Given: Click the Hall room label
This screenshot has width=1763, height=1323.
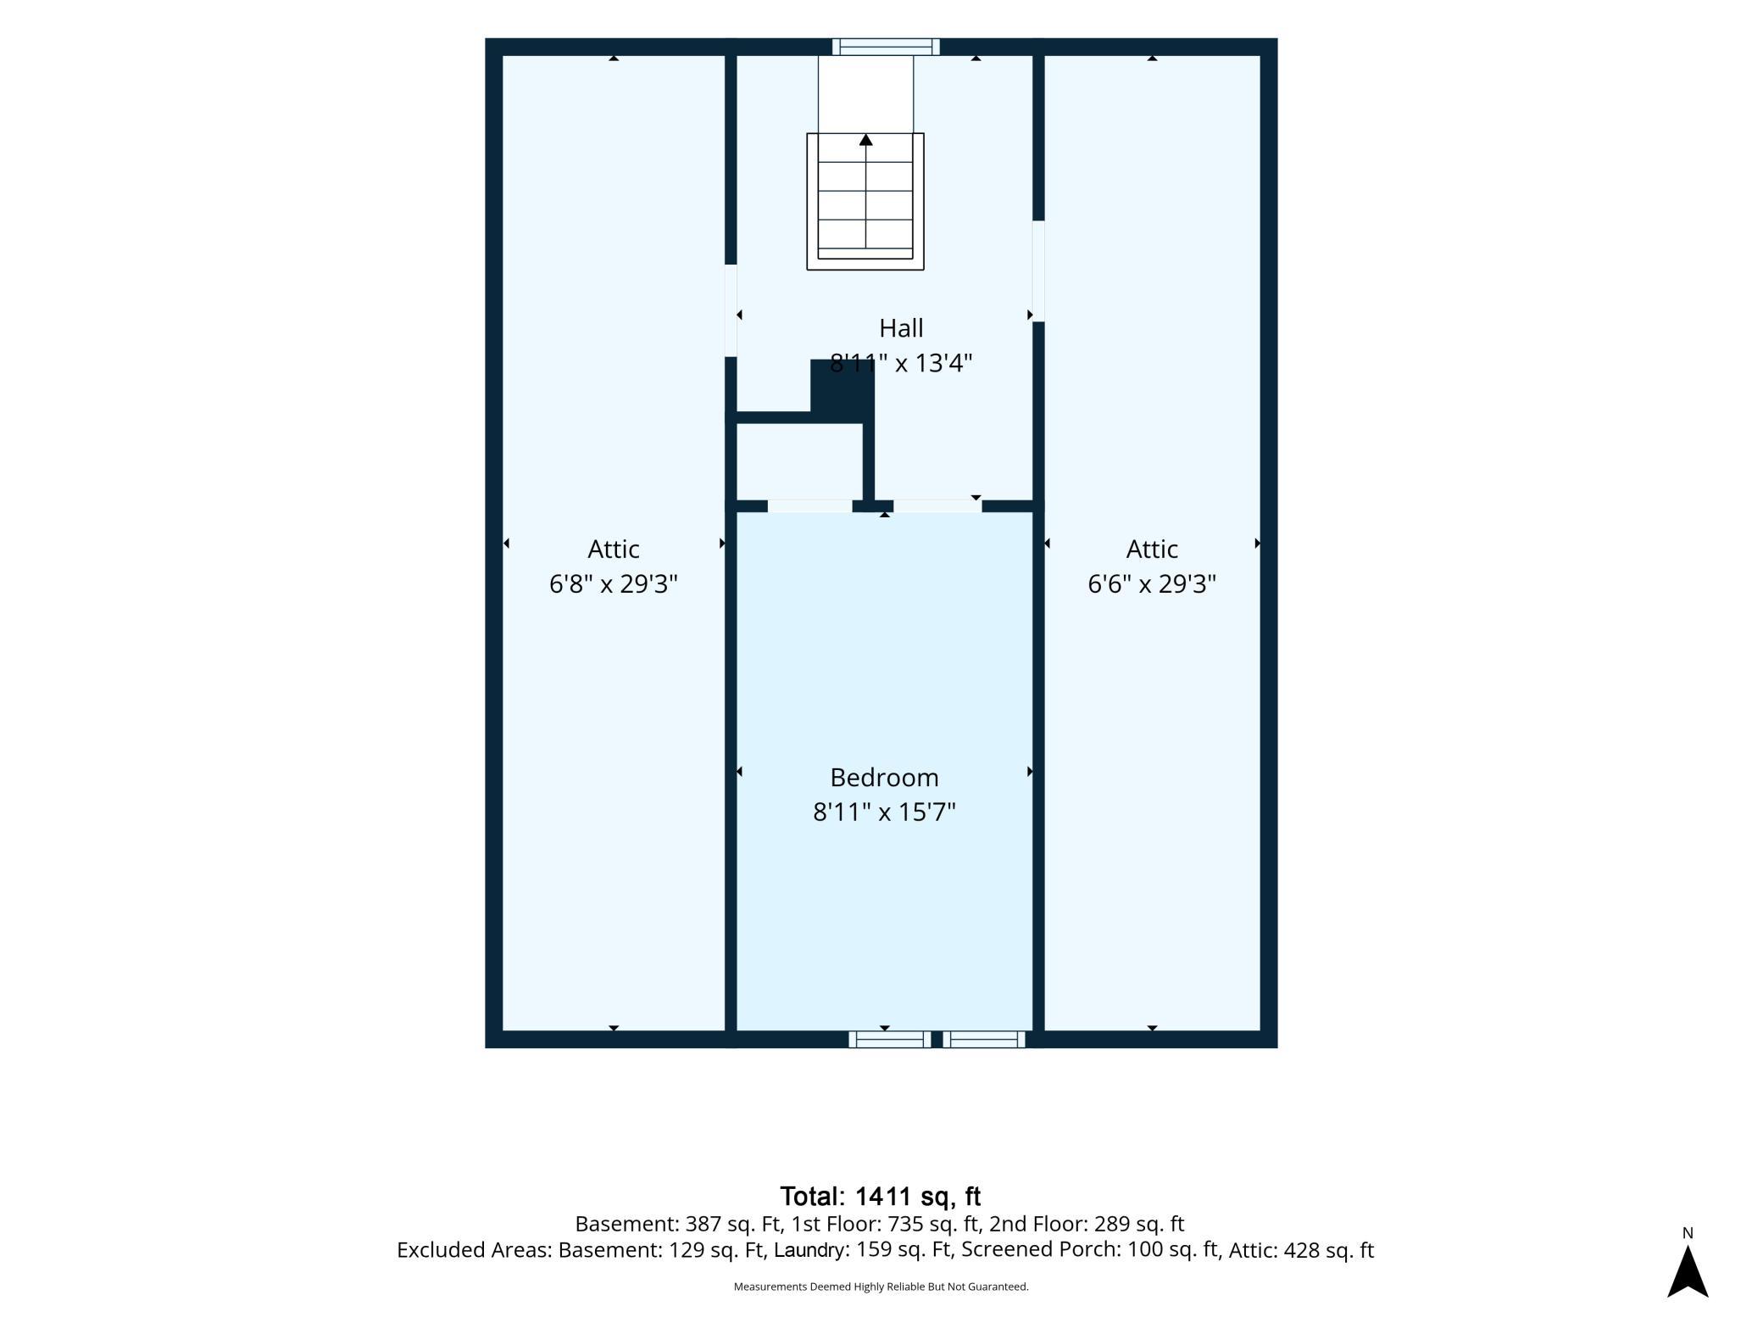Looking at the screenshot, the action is [x=901, y=327].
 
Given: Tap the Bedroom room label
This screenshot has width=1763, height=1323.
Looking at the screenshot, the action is [x=884, y=777].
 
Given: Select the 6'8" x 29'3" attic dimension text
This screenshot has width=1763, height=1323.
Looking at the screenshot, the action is [x=613, y=583].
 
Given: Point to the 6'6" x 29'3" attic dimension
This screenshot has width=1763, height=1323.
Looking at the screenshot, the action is [x=1152, y=583].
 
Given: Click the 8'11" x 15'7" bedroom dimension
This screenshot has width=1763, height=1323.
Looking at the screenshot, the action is [x=884, y=812].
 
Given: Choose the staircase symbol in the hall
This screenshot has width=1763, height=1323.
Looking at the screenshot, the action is [x=865, y=201].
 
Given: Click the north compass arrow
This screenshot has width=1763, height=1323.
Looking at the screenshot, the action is [x=1688, y=1271].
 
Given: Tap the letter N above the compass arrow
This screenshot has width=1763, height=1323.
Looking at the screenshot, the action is [x=1688, y=1233].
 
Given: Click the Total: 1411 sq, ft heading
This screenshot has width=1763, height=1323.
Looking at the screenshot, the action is [x=880, y=1196].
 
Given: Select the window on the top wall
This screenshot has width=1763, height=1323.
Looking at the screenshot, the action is [x=886, y=47].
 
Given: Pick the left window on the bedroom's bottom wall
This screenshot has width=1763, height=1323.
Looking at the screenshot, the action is [x=890, y=1039].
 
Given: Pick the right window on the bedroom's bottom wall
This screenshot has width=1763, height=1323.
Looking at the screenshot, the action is [x=984, y=1039].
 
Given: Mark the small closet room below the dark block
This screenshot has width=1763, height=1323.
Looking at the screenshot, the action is [x=799, y=461].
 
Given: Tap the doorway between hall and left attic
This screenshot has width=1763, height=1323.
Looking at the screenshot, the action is [x=731, y=310].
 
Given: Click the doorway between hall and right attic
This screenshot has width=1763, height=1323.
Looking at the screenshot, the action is [x=1038, y=271].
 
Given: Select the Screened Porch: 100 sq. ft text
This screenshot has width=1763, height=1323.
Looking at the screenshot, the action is [x=1090, y=1250].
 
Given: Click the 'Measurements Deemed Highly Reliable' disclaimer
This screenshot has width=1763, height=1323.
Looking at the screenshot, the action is [x=881, y=1287].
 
